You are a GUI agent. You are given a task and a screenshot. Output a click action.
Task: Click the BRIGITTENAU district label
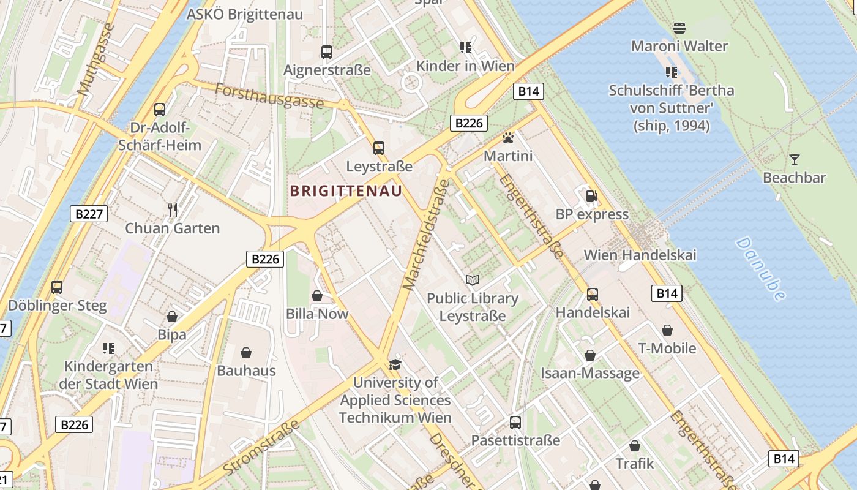tap(346, 191)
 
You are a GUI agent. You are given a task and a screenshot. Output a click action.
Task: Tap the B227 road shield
tap(89, 214)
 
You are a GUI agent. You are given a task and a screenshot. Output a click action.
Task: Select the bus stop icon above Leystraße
tap(379, 148)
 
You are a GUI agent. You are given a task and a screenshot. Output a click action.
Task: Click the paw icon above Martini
tap(507, 138)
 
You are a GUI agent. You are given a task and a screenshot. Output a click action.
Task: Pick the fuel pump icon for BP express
tap(591, 196)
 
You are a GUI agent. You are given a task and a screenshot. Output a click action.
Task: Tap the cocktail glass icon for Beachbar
tap(794, 160)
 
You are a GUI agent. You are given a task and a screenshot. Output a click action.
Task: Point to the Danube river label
tap(760, 269)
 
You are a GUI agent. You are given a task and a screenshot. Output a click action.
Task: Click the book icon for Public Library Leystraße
tap(472, 280)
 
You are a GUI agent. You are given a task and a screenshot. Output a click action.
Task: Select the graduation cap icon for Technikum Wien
tap(395, 365)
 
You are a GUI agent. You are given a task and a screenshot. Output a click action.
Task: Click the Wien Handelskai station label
tap(640, 255)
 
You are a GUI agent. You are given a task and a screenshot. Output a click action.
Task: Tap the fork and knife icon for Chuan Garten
tap(172, 210)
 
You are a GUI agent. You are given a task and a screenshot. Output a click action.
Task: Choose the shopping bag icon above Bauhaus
tap(246, 353)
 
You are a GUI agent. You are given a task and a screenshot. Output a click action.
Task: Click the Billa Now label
tap(317, 314)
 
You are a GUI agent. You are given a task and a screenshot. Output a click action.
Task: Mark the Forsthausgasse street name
tap(269, 96)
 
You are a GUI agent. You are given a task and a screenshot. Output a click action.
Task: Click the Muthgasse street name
tap(96, 59)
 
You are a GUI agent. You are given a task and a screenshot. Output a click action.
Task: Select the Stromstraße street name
tap(261, 447)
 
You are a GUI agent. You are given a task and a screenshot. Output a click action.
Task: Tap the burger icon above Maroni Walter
tap(679, 28)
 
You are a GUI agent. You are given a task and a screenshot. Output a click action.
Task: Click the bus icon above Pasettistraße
tap(515, 422)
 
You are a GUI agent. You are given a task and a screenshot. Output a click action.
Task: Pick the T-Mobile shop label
tap(667, 349)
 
